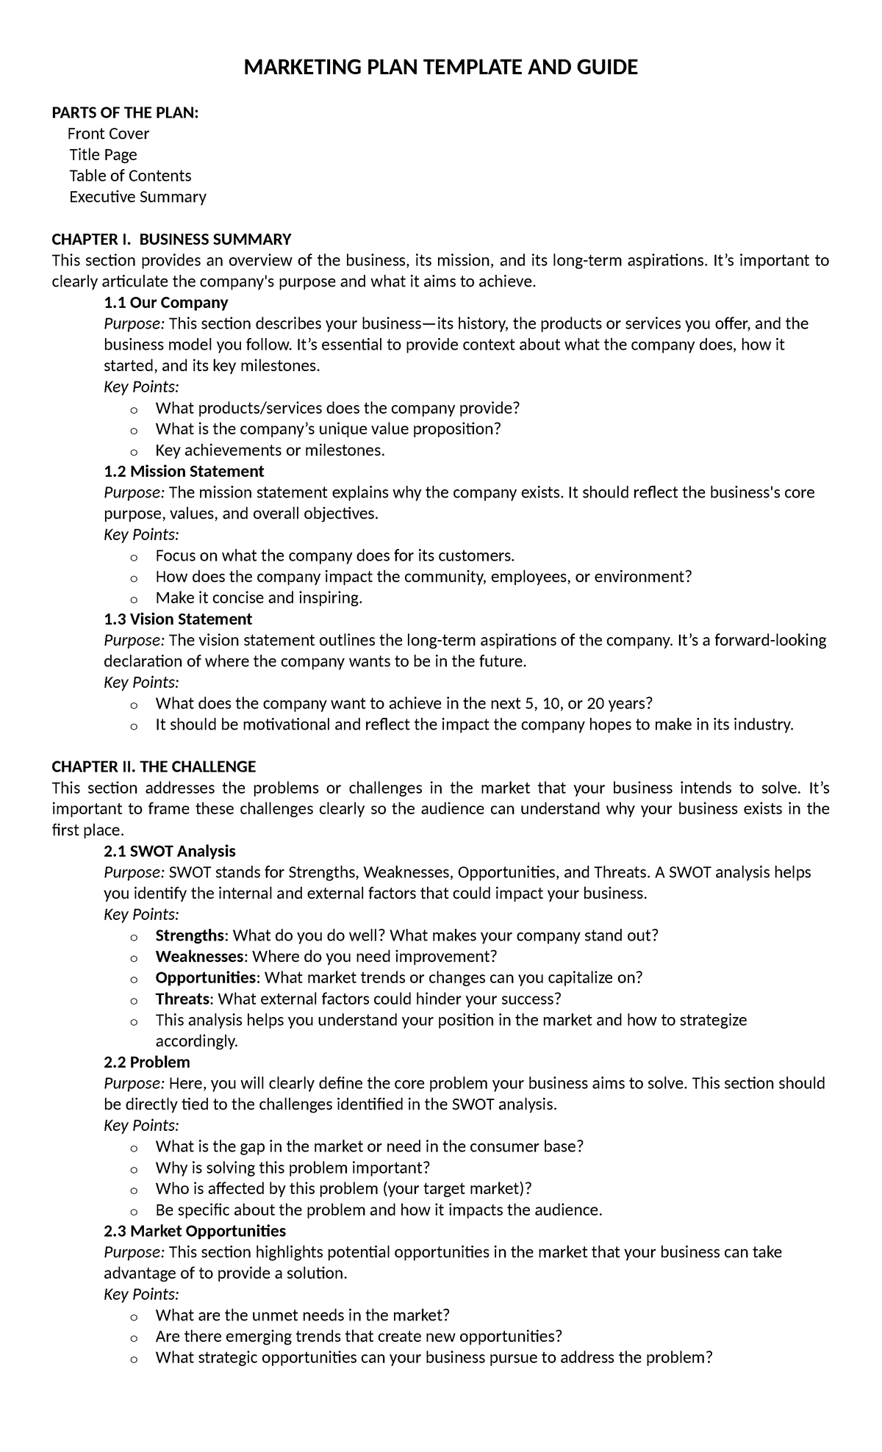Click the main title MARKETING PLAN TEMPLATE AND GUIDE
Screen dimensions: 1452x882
point(440,68)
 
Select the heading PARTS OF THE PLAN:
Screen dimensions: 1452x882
point(125,112)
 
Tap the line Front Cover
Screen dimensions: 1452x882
point(108,134)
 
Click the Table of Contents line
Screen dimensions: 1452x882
point(130,176)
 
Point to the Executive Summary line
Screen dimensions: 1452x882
point(137,197)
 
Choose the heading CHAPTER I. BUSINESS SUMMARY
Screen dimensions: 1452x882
point(171,239)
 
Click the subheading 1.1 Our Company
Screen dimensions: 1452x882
point(165,303)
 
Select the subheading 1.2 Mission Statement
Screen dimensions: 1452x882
point(184,471)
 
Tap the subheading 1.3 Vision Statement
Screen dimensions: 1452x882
point(178,619)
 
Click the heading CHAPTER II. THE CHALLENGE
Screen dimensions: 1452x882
point(154,767)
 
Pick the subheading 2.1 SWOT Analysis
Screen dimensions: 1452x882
point(170,851)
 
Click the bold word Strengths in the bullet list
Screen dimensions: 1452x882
point(190,935)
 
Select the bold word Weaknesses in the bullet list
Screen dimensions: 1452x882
point(199,957)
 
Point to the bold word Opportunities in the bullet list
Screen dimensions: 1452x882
point(206,978)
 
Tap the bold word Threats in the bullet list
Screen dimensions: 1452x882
point(182,999)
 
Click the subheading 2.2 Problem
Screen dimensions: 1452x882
point(147,1063)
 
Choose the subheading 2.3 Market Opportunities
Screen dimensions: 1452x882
point(195,1231)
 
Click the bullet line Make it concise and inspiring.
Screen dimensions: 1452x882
point(259,598)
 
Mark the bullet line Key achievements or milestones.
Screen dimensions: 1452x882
point(270,450)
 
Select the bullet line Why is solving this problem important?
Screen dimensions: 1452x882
point(292,1168)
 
